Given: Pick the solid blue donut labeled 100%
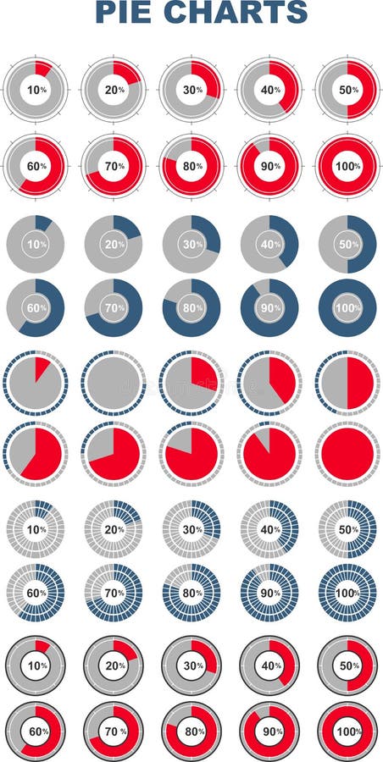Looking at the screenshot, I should [347, 308].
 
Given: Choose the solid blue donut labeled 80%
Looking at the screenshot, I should [191, 308].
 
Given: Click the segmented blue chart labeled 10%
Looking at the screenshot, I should [36, 530].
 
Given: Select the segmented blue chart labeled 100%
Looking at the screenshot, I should [347, 594].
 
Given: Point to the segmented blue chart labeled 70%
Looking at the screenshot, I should [114, 594].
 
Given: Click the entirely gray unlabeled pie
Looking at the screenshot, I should [114, 382].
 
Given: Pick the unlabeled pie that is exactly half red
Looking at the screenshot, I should [347, 382].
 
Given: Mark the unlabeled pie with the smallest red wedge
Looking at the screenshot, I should [36, 382].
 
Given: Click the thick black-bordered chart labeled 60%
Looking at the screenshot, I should [36, 730].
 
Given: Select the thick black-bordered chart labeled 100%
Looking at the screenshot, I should [347, 730].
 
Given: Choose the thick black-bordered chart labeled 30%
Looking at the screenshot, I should [191, 665].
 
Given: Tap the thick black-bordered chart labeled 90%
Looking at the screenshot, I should [269, 730].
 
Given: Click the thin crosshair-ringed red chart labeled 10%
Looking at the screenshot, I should [36, 90].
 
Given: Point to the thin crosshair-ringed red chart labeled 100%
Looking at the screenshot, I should [347, 166].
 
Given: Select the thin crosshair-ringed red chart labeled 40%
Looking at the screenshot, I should [269, 90].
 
